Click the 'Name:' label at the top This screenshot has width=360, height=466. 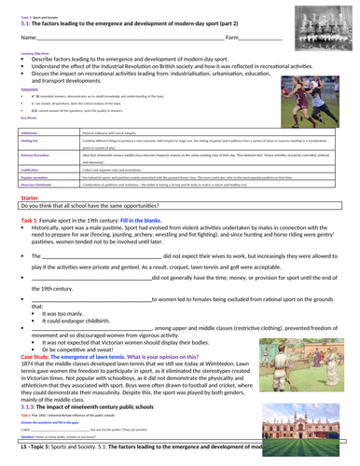pos(27,37)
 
